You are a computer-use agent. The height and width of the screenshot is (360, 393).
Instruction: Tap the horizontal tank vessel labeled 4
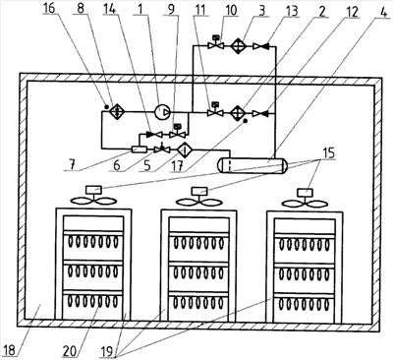[x=253, y=165]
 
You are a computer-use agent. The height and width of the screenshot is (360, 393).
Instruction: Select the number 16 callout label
[x=49, y=8]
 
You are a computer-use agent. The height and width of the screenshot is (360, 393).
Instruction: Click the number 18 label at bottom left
[x=9, y=350]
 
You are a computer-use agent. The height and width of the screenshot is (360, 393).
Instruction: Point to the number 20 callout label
[x=70, y=351]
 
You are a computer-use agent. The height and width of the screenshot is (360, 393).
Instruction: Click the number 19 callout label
[x=106, y=351]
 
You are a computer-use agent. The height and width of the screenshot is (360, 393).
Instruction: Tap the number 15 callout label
[x=329, y=153]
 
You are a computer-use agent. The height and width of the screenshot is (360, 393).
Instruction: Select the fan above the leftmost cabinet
[x=93, y=197]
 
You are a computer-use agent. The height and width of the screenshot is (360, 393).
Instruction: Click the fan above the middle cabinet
[x=199, y=198]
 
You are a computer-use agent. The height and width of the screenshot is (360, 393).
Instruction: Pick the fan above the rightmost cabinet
[x=305, y=199]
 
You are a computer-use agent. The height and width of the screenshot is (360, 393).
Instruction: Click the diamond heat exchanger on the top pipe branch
[x=238, y=46]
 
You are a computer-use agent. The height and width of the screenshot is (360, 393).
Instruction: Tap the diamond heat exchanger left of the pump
[x=116, y=111]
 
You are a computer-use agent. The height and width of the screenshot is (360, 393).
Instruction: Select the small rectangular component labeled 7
[x=139, y=150]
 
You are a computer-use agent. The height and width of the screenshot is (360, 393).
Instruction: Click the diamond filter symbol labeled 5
[x=185, y=150]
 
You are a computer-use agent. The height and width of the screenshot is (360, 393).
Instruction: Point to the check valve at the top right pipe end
[x=260, y=46]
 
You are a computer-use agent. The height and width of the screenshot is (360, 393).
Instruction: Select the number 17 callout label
[x=178, y=165]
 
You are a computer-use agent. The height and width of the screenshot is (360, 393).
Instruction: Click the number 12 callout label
[x=352, y=12]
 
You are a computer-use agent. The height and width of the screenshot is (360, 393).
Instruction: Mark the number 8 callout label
[x=80, y=8]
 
